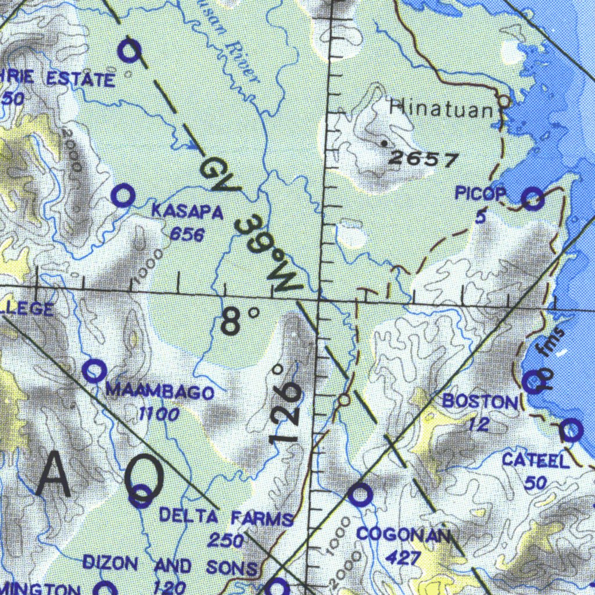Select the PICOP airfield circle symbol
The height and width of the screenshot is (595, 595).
click(533, 199)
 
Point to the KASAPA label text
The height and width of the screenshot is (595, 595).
click(187, 212)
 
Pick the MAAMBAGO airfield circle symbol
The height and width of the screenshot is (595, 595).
click(94, 370)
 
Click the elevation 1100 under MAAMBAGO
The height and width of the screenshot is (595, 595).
click(158, 414)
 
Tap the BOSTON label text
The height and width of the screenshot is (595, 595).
click(479, 402)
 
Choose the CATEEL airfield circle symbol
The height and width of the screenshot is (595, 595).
click(571, 430)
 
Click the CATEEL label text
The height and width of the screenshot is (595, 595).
click(535, 461)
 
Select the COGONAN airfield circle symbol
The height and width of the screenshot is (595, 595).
click(360, 495)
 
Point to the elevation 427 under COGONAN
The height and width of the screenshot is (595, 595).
click(403, 558)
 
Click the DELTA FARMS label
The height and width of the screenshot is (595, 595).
click(226, 517)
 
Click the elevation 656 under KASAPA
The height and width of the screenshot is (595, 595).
click(187, 235)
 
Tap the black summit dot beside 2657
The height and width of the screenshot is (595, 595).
click(383, 142)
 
